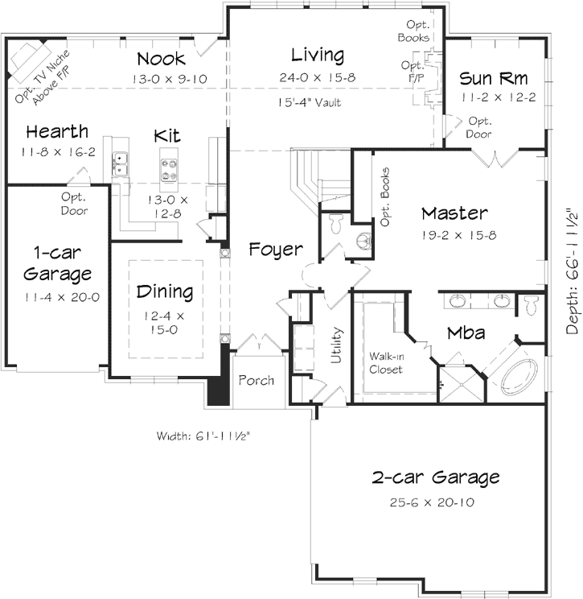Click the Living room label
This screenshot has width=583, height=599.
(318, 56)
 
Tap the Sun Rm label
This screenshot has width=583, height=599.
(494, 79)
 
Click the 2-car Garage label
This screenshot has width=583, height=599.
(435, 477)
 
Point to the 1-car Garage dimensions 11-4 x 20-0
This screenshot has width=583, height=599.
(55, 296)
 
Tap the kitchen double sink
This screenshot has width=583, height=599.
(121, 163)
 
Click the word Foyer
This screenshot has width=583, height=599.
(275, 249)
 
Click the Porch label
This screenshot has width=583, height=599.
(256, 380)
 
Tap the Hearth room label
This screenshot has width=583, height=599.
(56, 131)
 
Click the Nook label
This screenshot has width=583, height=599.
(161, 59)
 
